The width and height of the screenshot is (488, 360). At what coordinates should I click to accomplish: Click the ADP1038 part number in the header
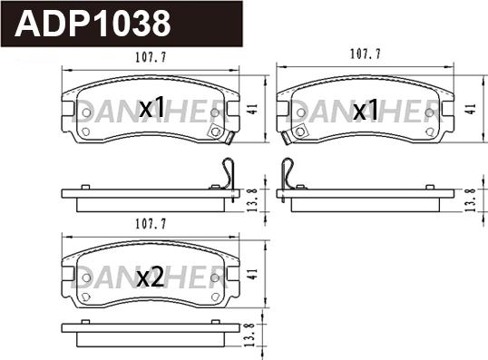(93, 24)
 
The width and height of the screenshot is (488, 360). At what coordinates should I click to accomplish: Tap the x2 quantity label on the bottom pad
(151, 277)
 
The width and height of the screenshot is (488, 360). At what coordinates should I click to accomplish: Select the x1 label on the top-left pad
(151, 107)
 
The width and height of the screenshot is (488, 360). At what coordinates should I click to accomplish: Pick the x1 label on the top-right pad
(366, 110)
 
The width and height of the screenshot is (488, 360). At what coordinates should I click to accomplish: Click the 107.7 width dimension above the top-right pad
(366, 54)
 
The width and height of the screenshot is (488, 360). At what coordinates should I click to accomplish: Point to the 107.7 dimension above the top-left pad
(151, 57)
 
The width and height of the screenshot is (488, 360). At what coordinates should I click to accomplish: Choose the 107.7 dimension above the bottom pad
(151, 224)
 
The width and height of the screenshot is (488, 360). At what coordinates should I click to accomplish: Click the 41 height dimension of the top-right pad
(472, 109)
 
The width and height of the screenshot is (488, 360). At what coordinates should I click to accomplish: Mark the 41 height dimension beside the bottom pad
(254, 274)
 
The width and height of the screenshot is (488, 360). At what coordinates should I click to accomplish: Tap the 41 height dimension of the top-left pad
(254, 109)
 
